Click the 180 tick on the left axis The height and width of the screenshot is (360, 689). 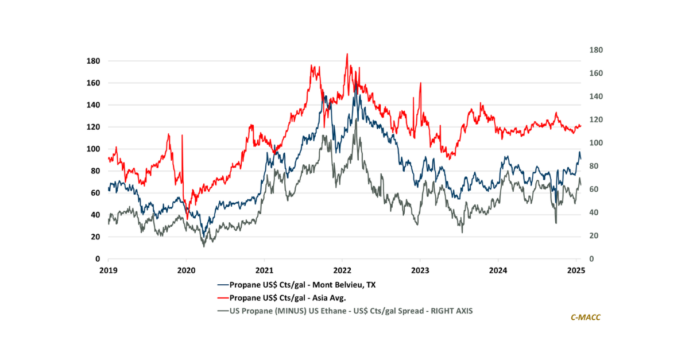click(92, 61)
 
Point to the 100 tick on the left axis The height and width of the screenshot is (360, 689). click(92, 149)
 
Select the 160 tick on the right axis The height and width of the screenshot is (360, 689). click(596, 73)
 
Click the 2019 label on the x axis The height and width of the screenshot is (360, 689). click(108, 269)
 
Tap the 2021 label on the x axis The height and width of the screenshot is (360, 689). click(264, 269)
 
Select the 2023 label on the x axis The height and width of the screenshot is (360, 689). click(420, 269)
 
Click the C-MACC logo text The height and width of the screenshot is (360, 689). click(585, 317)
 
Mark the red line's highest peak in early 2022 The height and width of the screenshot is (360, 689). click(347, 54)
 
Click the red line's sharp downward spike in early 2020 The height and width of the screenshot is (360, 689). click(187, 218)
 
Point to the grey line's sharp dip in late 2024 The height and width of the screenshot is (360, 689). click(556, 223)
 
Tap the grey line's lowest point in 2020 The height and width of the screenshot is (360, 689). click(204, 246)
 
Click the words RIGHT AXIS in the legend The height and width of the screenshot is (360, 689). click(452, 311)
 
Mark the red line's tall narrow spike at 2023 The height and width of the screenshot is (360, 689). click(421, 83)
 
